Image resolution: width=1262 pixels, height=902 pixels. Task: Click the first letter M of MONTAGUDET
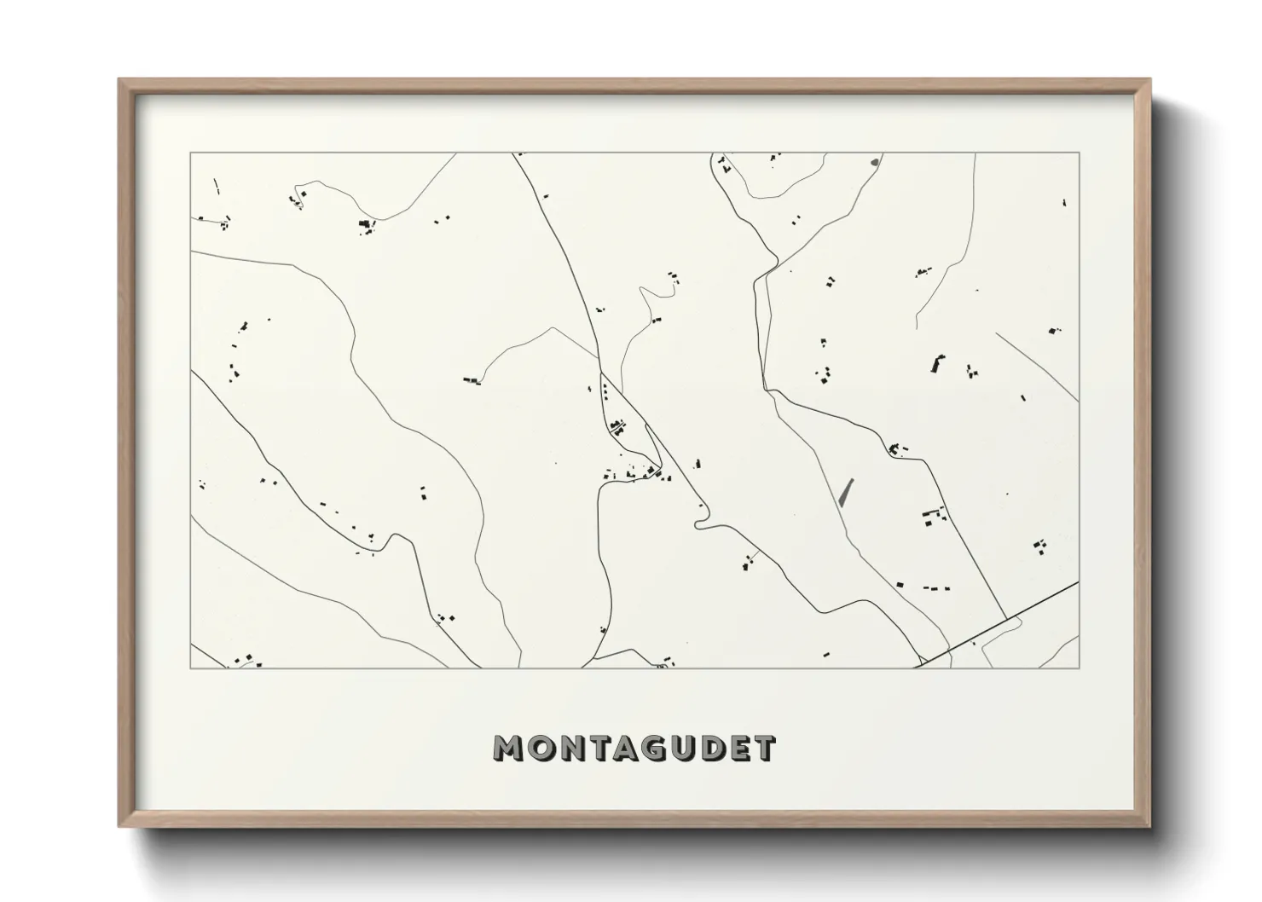[510, 749]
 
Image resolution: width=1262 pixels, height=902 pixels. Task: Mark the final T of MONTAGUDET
[768, 749]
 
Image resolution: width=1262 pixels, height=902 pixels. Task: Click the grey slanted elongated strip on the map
[846, 493]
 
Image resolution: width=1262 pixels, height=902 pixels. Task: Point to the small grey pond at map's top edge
[874, 159]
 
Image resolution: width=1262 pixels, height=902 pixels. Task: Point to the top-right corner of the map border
[1079, 153]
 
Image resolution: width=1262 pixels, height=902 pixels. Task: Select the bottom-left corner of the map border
[191, 668]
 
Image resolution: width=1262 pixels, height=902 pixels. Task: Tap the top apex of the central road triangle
[601, 373]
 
